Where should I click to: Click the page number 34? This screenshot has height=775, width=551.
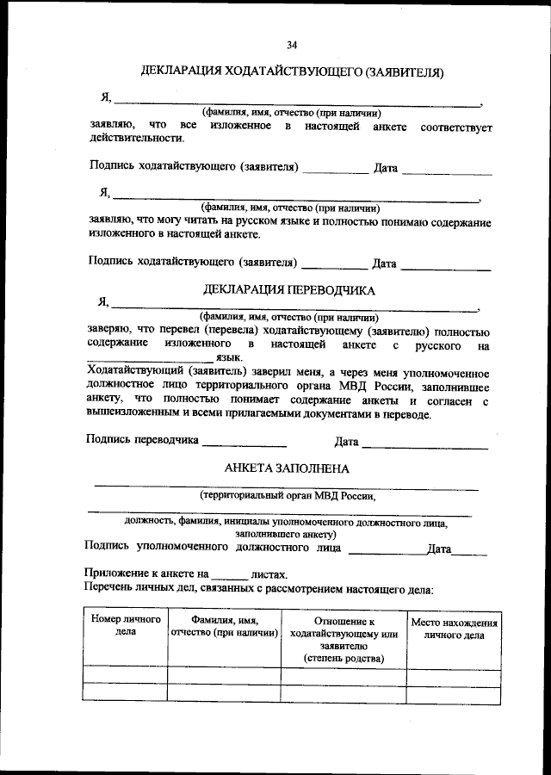click(x=292, y=45)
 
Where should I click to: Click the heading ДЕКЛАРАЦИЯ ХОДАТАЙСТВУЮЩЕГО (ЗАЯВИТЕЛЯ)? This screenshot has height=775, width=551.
click(x=292, y=73)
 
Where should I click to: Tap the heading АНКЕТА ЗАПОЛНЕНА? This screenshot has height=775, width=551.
click(x=287, y=469)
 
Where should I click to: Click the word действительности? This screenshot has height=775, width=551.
click(x=136, y=138)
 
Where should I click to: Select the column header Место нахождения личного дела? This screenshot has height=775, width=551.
click(x=454, y=629)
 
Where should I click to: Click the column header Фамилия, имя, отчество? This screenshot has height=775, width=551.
click(x=225, y=626)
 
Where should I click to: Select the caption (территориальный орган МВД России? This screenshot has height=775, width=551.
click(x=288, y=496)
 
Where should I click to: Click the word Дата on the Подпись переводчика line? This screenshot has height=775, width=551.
click(x=346, y=443)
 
